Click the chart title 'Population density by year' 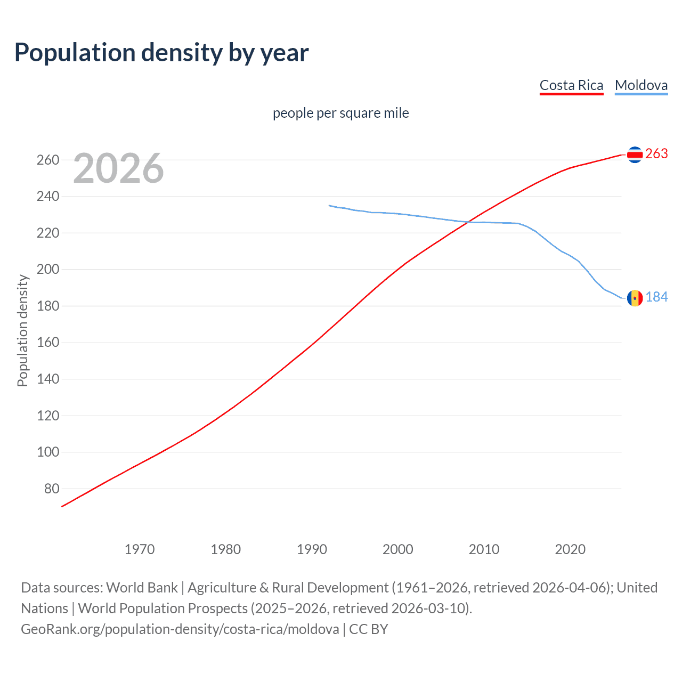pos(161,53)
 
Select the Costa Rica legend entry pos(571,85)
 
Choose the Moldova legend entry pos(641,85)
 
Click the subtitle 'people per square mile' pos(340,113)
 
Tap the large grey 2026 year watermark pos(118,168)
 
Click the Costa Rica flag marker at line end pos(635,155)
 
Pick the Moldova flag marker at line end pos(635,298)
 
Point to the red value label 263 pos(656,154)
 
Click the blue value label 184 pos(656,297)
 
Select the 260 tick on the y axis pos(48,160)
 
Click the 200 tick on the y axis pos(48,270)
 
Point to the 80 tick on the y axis pos(52,489)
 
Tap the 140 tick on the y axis pos(48,379)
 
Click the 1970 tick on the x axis pos(140,549)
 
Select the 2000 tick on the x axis pos(398,549)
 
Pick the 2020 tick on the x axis pos(570,549)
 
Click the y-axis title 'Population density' pos(22,330)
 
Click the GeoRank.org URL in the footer pos(180,629)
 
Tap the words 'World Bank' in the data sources pos(142,588)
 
